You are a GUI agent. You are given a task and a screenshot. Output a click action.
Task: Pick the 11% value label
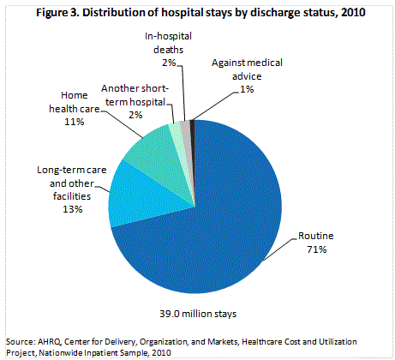tap(73, 123)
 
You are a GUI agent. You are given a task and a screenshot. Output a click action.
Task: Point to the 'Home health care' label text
tap(73, 104)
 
